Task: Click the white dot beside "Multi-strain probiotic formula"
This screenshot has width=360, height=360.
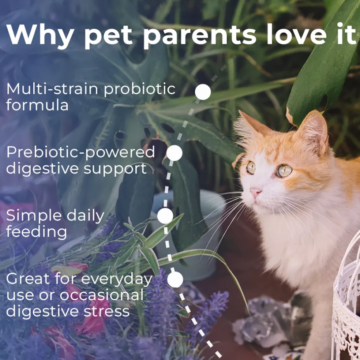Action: pyautogui.click(x=203, y=92)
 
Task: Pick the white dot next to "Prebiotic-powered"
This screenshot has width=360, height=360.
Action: pyautogui.click(x=175, y=153)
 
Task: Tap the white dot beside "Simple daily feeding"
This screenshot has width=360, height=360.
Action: pyautogui.click(x=165, y=216)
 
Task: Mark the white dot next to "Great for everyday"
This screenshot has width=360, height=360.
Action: pyautogui.click(x=175, y=280)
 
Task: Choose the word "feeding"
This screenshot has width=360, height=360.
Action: pyautogui.click(x=37, y=232)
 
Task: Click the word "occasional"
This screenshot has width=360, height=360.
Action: pyautogui.click(x=102, y=295)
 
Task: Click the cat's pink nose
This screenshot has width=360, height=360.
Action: pyautogui.click(x=255, y=191)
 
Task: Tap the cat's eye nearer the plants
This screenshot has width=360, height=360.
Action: pyautogui.click(x=251, y=168)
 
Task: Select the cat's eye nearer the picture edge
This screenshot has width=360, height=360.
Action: pyautogui.click(x=284, y=171)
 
